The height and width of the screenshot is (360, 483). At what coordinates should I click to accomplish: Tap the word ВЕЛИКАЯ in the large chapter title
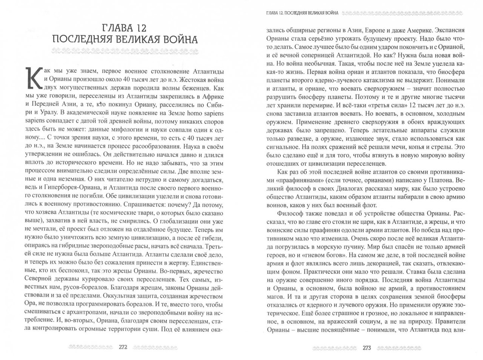coord(142,40)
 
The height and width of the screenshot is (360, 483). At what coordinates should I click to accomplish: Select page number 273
coord(366,347)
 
